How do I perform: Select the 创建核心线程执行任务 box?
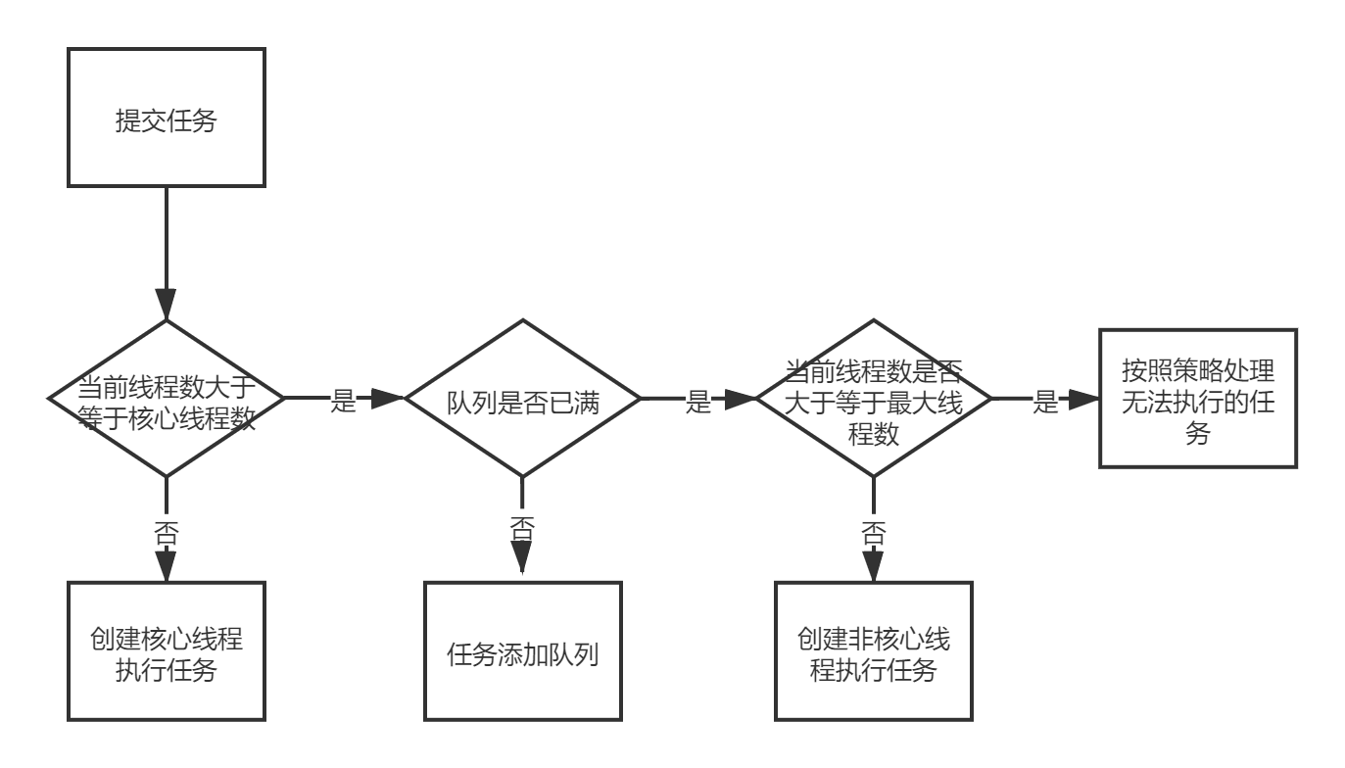pos(167,651)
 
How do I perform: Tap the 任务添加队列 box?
pos(522,651)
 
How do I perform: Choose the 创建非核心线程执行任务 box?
pos(874,651)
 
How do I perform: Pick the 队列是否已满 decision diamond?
pos(522,399)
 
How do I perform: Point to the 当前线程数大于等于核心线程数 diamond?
pos(167,399)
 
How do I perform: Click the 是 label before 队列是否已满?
pos(343,399)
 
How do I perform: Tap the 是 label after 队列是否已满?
pos(697,399)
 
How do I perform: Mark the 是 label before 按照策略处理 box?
pos(1046,399)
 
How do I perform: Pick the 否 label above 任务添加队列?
pos(522,528)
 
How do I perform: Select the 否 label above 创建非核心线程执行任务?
pos(874,532)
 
